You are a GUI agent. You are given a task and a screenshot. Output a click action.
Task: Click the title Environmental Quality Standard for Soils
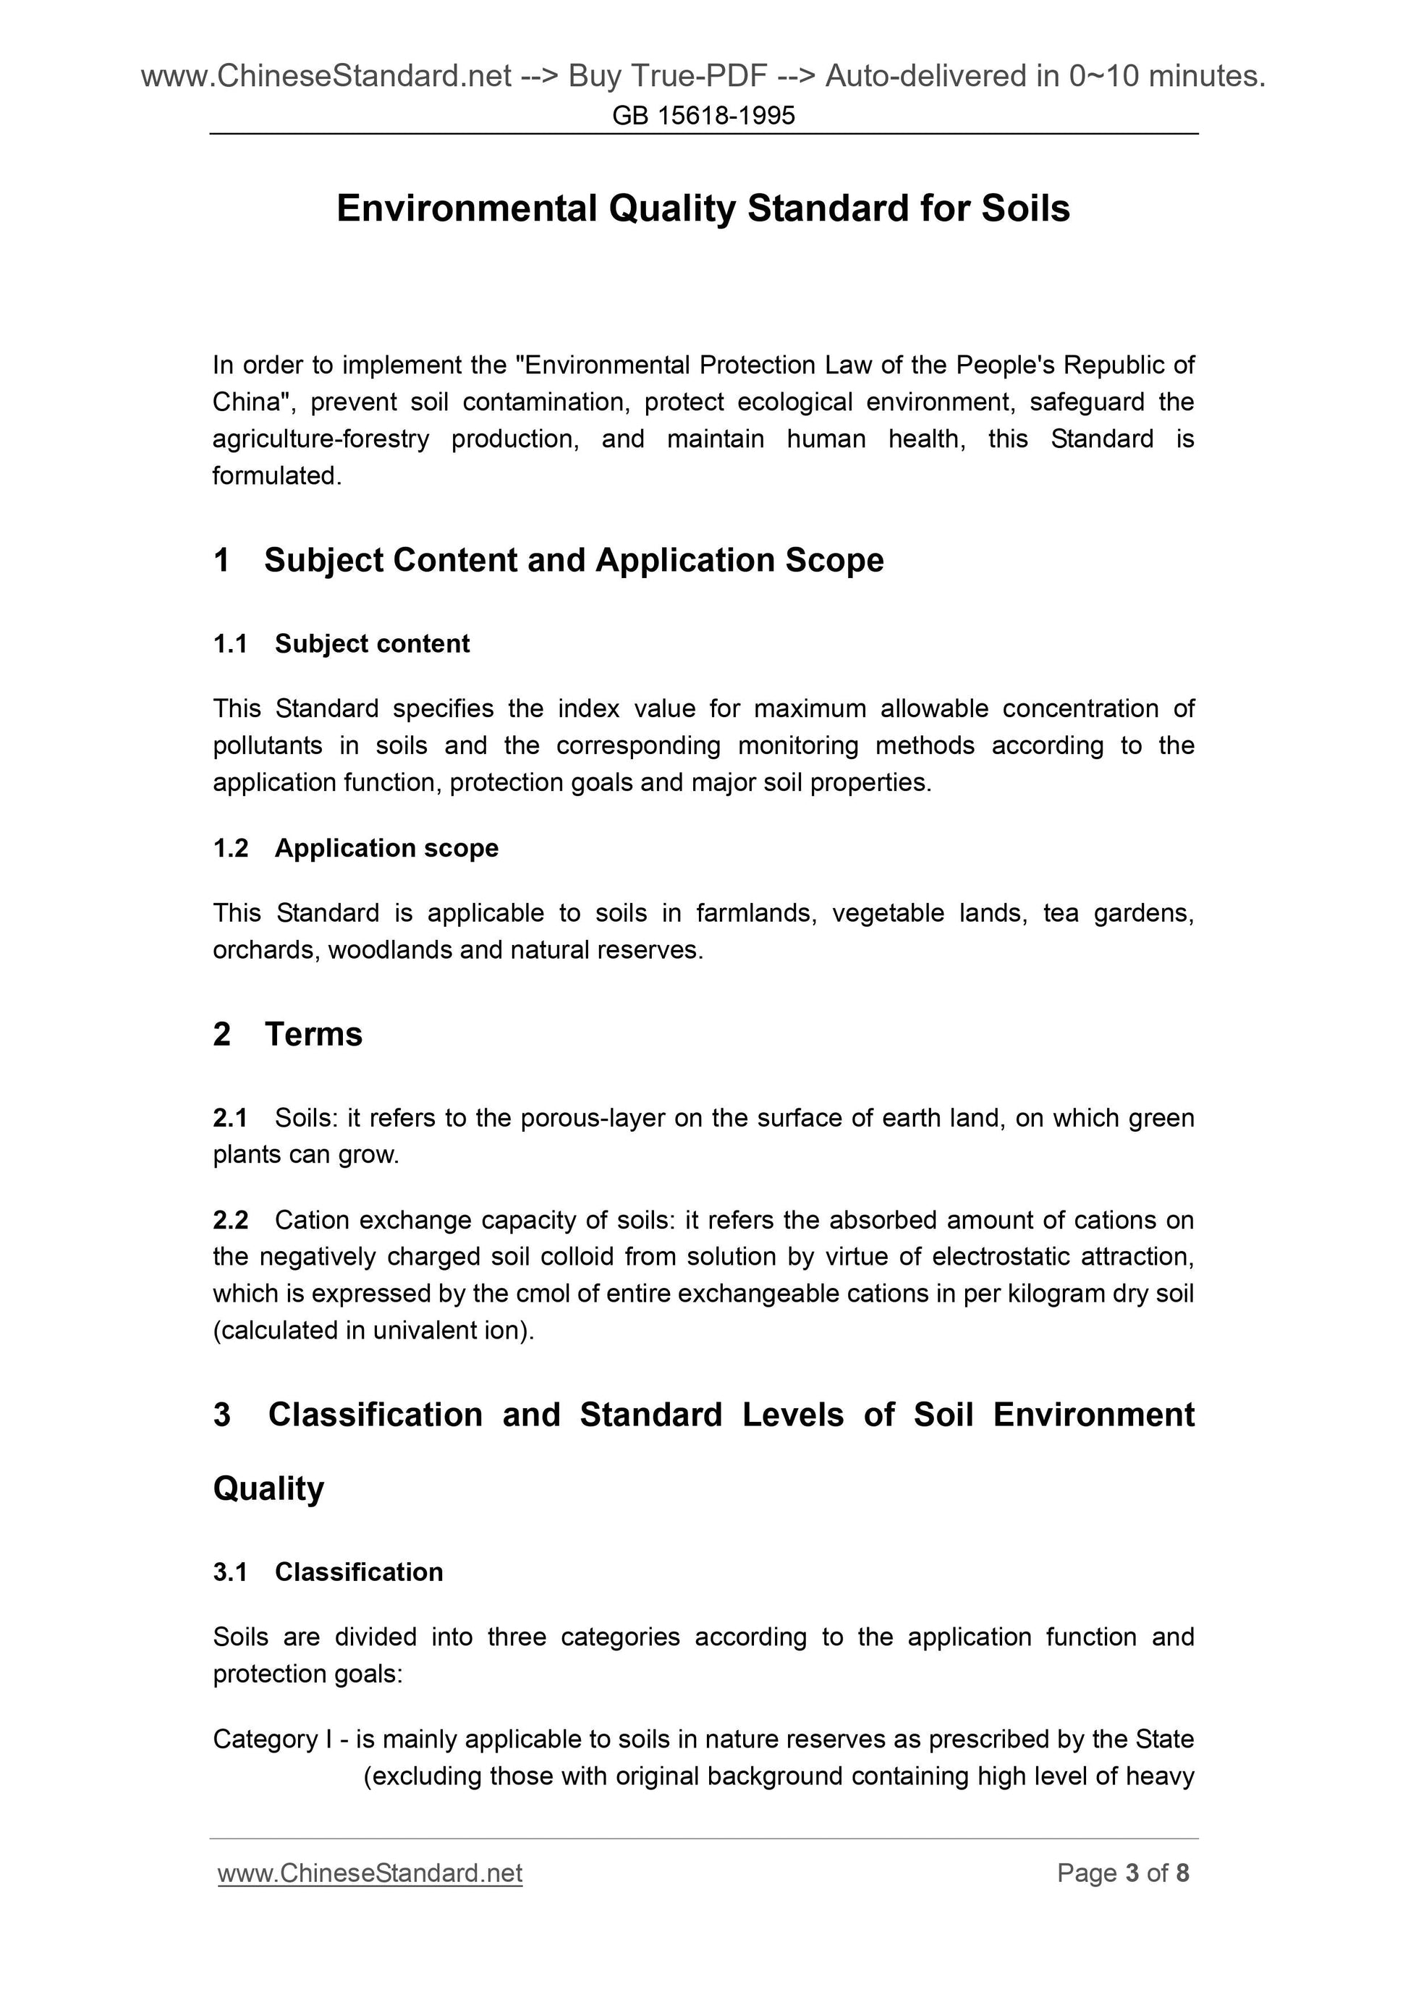703,208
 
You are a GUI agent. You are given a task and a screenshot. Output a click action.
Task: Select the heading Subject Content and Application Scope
574,561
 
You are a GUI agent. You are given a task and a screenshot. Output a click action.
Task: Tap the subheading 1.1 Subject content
341,644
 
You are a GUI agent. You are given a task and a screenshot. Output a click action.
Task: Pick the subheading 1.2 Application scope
356,847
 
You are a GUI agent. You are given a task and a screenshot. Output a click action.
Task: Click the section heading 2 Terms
288,1034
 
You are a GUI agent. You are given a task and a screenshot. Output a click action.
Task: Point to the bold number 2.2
231,1220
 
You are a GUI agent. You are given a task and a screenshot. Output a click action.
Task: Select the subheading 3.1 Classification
328,1572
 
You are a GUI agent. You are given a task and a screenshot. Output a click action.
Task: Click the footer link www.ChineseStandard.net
370,1873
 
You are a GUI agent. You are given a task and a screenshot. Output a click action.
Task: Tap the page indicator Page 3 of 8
1123,1873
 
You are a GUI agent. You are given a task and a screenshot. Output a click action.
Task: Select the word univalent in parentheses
423,1330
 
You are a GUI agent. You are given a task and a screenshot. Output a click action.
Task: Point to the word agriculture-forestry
321,439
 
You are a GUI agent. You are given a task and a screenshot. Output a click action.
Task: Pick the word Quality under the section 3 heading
268,1489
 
